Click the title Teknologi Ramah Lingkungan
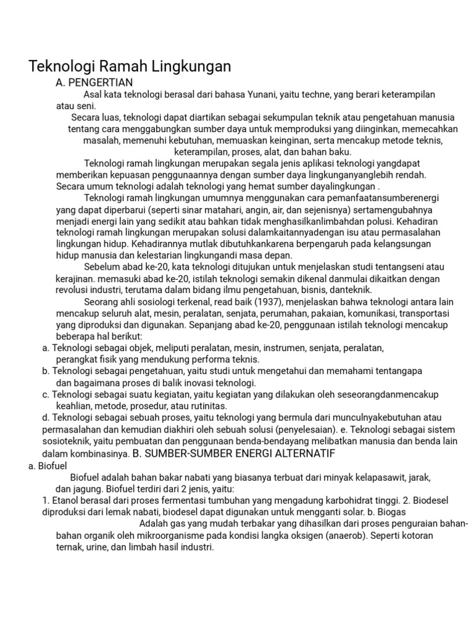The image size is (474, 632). coord(130,67)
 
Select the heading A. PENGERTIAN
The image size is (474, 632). coord(94,82)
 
